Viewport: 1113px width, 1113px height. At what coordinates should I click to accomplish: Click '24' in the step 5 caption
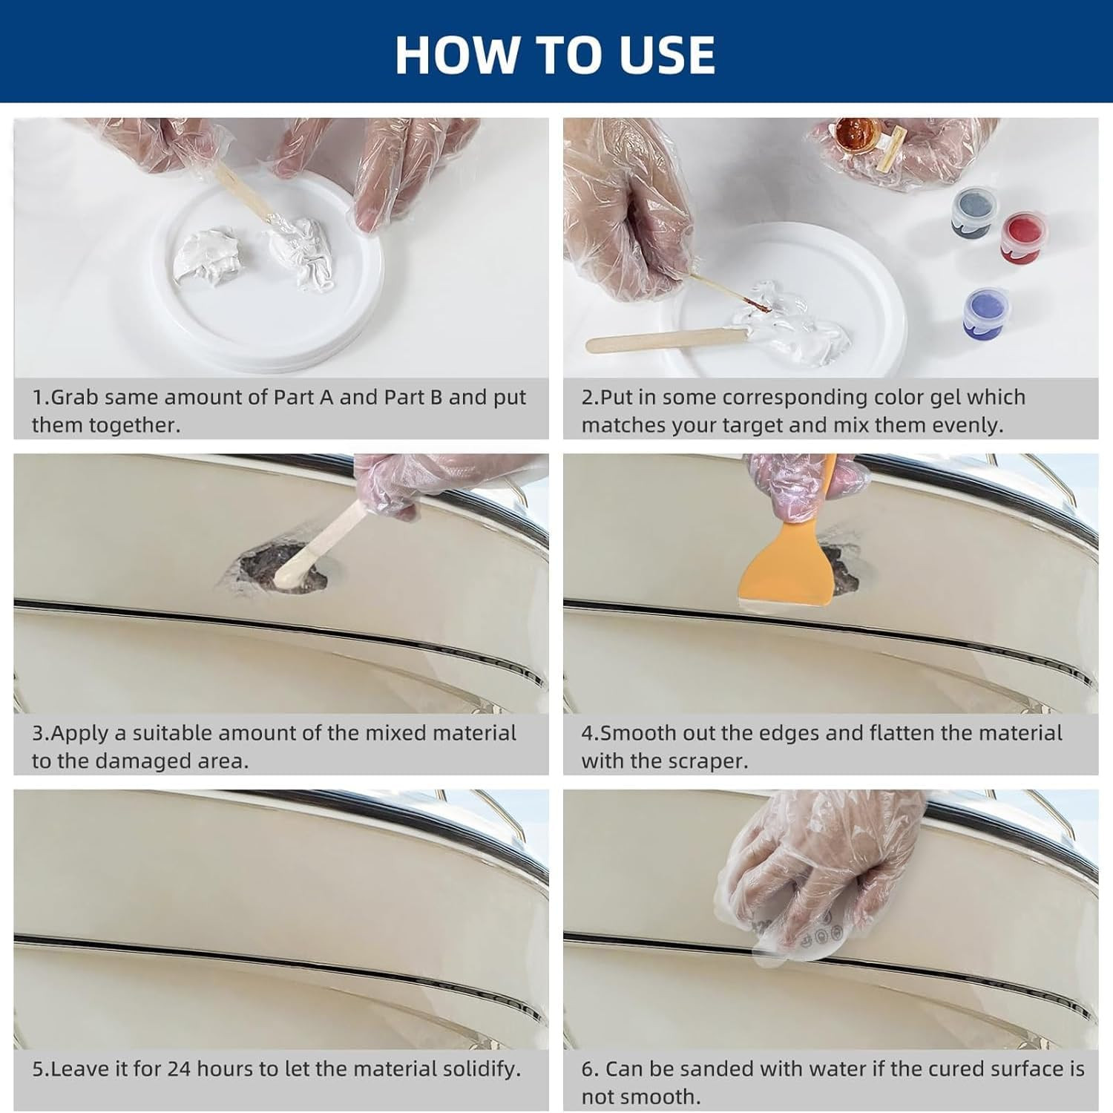(179, 1069)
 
